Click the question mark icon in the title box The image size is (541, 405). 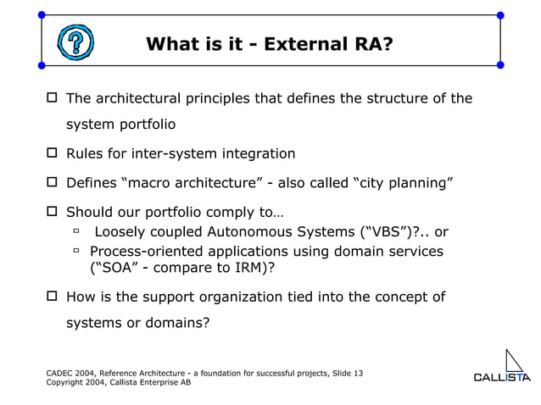click(75, 42)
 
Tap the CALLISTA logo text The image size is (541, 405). click(501, 377)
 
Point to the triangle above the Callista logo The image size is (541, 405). click(516, 359)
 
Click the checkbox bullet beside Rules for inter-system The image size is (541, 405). click(51, 154)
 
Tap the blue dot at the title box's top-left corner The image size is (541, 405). click(42, 15)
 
